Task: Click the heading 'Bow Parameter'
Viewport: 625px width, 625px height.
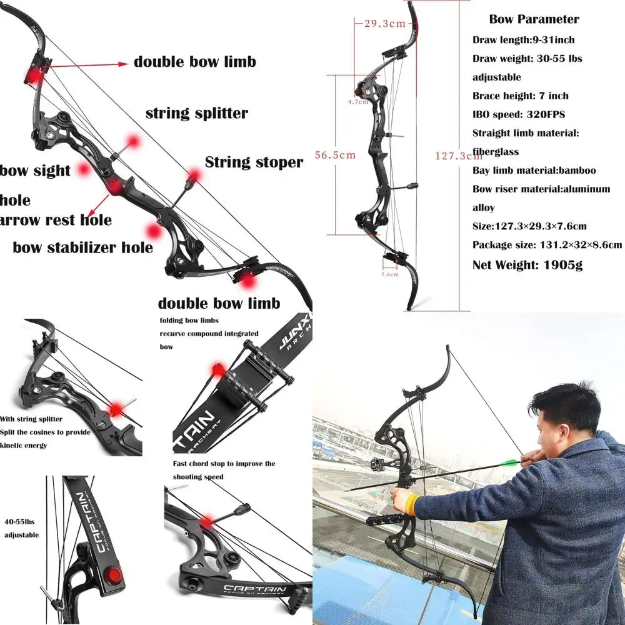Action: (534, 19)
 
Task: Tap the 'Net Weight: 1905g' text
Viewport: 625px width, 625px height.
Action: (527, 264)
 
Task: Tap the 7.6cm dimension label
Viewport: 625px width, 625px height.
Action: (389, 274)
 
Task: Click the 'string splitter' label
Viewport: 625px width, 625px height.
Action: (197, 113)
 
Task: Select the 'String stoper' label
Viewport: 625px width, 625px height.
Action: (254, 162)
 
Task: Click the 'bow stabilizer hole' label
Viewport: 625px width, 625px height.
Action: (83, 247)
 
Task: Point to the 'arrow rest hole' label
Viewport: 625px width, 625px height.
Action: (56, 220)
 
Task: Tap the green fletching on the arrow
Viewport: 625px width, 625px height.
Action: (511, 463)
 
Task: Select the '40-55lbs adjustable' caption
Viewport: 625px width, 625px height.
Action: (22, 529)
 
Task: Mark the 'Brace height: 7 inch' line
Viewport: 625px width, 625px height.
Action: (520, 96)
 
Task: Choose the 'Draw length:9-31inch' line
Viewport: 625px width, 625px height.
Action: (523, 40)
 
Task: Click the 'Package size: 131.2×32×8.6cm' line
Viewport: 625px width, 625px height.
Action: (547, 245)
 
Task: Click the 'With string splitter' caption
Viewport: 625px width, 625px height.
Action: (31, 419)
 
